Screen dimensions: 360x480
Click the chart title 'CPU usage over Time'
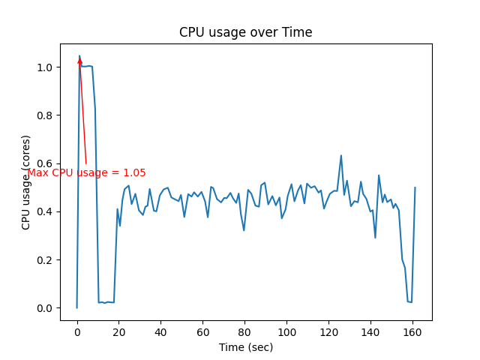[245, 32]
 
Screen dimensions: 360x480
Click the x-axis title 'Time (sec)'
[245, 347]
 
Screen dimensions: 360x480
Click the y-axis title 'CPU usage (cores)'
[26, 182]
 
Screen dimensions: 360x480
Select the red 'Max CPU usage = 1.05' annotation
[87, 172]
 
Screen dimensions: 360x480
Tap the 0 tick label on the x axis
[77, 332]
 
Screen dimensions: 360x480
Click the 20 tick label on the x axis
[119, 332]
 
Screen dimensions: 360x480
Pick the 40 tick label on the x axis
[160, 332]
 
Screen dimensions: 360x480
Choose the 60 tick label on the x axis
[202, 332]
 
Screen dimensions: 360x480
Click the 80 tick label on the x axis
[244, 332]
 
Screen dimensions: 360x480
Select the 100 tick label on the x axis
[286, 332]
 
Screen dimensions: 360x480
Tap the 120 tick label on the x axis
[328, 332]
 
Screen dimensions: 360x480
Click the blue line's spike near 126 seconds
[341, 156]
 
